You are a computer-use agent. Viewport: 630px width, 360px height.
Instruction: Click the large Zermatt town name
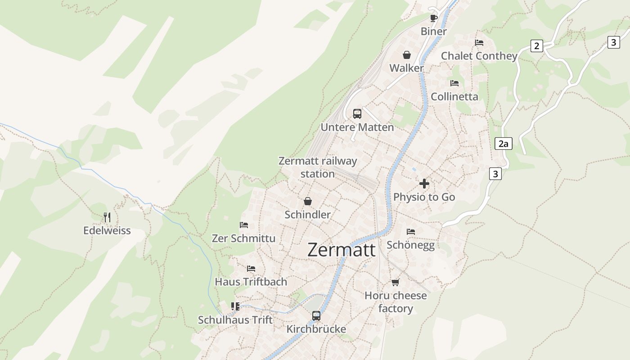pyautogui.click(x=341, y=250)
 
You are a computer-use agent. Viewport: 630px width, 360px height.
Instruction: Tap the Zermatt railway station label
pyautogui.click(x=318, y=167)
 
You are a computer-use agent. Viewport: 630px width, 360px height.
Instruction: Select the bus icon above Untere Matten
pyautogui.click(x=357, y=114)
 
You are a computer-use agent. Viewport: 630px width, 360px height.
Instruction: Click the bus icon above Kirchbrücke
pyautogui.click(x=316, y=316)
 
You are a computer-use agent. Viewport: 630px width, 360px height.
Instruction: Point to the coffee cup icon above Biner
pyautogui.click(x=433, y=18)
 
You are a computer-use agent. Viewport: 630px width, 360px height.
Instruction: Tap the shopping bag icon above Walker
pyautogui.click(x=407, y=55)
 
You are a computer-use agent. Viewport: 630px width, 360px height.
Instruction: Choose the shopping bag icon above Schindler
pyautogui.click(x=308, y=201)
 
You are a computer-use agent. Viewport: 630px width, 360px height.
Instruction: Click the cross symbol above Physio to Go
pyautogui.click(x=424, y=184)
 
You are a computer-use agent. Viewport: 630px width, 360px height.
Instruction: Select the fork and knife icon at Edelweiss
pyautogui.click(x=107, y=217)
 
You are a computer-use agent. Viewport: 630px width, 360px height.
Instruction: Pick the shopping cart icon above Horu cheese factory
pyautogui.click(x=395, y=282)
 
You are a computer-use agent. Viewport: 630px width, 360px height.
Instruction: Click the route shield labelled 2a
pyautogui.click(x=503, y=144)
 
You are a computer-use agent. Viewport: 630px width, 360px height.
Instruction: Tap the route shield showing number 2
pyautogui.click(x=536, y=46)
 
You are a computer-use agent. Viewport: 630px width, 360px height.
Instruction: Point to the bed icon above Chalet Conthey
pyautogui.click(x=479, y=43)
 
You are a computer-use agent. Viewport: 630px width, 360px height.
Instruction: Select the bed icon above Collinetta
pyautogui.click(x=454, y=83)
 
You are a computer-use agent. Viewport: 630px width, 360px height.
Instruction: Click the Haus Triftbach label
pyautogui.click(x=251, y=282)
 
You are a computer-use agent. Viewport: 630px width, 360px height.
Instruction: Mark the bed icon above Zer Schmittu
pyautogui.click(x=244, y=225)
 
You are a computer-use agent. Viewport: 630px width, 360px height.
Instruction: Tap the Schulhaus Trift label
pyautogui.click(x=235, y=320)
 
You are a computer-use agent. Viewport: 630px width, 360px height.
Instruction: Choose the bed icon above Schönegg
pyautogui.click(x=410, y=232)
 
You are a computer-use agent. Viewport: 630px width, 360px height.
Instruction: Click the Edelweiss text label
pyautogui.click(x=107, y=230)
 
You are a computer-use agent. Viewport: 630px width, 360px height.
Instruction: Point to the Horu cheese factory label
pyautogui.click(x=396, y=302)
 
